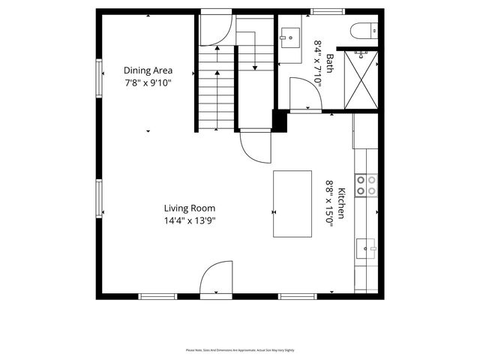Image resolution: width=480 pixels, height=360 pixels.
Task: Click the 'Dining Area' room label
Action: [148, 70]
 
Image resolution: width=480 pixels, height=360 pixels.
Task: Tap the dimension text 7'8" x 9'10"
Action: [148, 82]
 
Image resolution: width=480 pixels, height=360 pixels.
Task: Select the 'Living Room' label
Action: [190, 208]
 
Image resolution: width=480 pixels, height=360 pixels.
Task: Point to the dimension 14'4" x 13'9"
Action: [190, 220]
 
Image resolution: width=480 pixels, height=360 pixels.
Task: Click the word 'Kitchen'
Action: [341, 202]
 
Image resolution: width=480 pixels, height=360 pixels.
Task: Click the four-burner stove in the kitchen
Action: [365, 185]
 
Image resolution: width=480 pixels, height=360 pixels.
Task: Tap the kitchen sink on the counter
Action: [367, 247]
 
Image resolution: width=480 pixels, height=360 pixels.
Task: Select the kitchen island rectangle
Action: [292, 204]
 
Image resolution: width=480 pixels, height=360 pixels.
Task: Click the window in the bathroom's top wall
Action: [323, 11]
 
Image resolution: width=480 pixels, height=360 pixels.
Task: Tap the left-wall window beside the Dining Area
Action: [98, 77]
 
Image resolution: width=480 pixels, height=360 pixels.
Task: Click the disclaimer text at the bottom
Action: [240, 350]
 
